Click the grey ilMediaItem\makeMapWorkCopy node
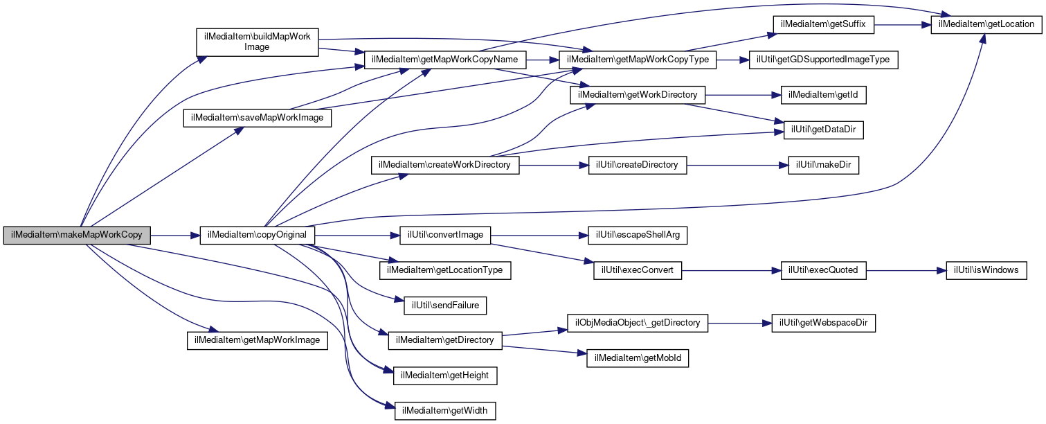pos(77,235)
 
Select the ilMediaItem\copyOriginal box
pos(258,235)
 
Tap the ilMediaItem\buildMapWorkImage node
pos(258,42)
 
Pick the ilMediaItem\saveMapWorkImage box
pos(258,118)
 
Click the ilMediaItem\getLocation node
pos(986,24)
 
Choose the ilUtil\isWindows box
pos(986,270)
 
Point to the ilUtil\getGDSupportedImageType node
pos(823,60)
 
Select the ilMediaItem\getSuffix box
pos(823,24)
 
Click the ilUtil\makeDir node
pos(823,165)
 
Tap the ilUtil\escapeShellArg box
pos(638,235)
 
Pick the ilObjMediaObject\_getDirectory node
pos(638,323)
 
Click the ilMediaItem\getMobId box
pos(638,358)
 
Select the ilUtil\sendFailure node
pos(446,306)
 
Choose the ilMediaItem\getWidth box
pos(446,411)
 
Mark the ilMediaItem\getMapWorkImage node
pos(258,340)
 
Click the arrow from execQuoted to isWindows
pos(906,270)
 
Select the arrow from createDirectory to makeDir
pos(738,165)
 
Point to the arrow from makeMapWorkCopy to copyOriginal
pos(175,235)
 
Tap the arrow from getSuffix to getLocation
pos(902,24)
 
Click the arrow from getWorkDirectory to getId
pos(743,95)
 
